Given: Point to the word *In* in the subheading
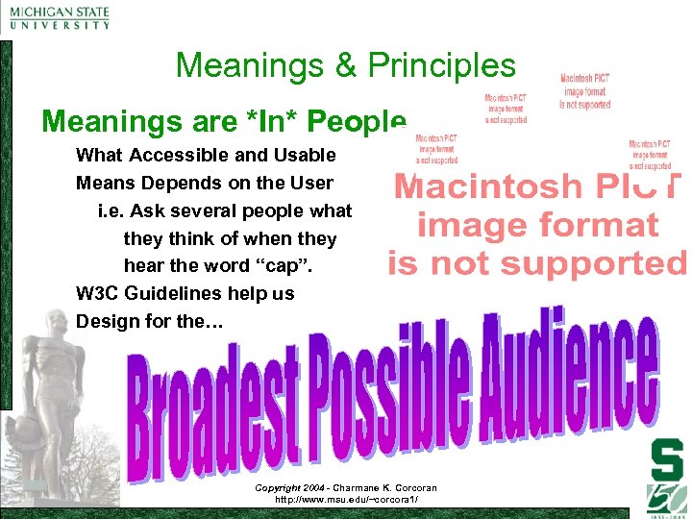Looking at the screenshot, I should point(270,122).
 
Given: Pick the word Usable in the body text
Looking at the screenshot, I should point(303,155).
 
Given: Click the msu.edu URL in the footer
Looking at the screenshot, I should point(346,500).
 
